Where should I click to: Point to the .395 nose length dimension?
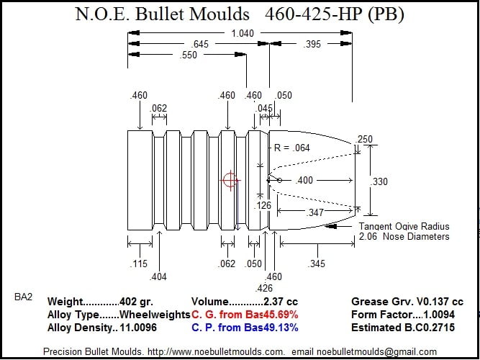point(312,45)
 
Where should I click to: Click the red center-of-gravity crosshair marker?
point(230,180)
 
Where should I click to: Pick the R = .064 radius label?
point(291,148)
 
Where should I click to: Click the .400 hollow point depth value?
point(304,180)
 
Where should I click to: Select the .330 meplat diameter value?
point(379,181)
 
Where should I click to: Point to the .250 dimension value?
point(366,139)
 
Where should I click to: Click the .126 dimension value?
point(263,205)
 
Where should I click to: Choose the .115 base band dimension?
point(139,264)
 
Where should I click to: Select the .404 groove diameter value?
point(158,276)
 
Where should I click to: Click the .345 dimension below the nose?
point(317,264)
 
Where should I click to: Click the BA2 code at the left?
point(22,296)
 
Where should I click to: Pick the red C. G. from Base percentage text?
point(244,315)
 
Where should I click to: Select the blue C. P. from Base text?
point(244,328)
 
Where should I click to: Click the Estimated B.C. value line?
point(403,328)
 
